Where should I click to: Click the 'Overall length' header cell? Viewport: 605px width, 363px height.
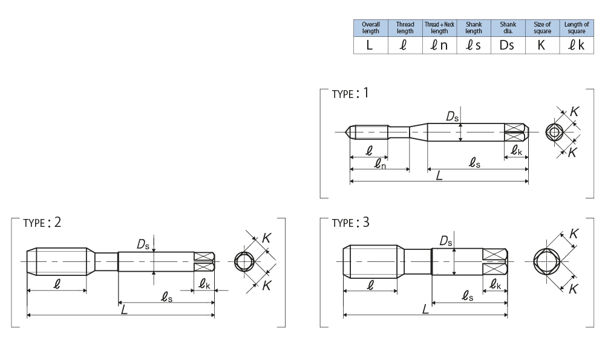tap(370, 28)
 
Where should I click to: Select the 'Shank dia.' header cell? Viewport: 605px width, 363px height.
tap(508, 28)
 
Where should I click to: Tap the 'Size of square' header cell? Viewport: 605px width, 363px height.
tap(542, 28)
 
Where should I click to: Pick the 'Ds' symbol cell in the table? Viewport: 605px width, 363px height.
tap(508, 45)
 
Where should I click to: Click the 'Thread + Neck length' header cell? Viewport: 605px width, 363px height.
tap(439, 28)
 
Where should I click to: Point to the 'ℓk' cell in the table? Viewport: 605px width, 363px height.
tap(577, 45)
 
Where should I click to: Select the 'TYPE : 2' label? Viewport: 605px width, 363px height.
tap(42, 222)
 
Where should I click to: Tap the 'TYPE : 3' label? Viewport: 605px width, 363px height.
tap(350, 222)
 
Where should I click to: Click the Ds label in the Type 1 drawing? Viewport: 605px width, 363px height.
tap(453, 117)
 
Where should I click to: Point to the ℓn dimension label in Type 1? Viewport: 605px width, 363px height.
tap(379, 164)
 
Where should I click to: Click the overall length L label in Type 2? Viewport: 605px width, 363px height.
tap(123, 309)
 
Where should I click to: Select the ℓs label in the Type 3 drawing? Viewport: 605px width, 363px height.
tap(467, 295)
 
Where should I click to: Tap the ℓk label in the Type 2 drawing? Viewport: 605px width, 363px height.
tap(204, 283)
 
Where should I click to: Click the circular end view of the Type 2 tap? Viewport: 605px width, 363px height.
tap(245, 261)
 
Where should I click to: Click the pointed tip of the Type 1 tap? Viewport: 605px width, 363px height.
tap(348, 131)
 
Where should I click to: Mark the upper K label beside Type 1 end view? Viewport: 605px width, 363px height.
tap(574, 112)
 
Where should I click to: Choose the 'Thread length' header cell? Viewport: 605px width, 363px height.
tap(405, 28)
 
